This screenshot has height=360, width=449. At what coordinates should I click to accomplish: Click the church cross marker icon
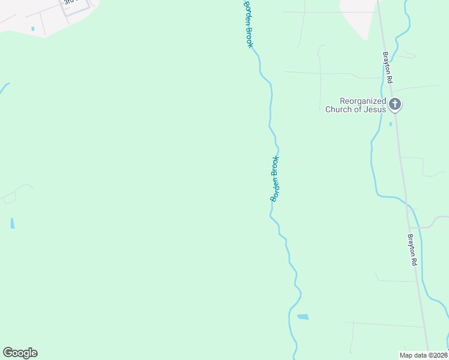pyautogui.click(x=395, y=104)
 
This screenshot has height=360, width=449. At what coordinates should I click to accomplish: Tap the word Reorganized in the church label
pyautogui.click(x=361, y=101)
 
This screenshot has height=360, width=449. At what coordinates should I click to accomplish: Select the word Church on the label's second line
pyautogui.click(x=338, y=109)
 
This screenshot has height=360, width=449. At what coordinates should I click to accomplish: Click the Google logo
pyautogui.click(x=20, y=353)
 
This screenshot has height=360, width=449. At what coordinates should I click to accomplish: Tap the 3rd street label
pyautogui.click(x=70, y=2)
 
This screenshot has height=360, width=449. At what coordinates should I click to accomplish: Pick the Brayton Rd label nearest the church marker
pyautogui.click(x=388, y=67)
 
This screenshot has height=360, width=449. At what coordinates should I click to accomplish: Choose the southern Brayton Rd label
pyautogui.click(x=412, y=249)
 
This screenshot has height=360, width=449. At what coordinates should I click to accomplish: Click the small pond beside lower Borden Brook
pyautogui.click(x=303, y=316)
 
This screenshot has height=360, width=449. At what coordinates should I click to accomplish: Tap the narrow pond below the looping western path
pyautogui.click(x=12, y=223)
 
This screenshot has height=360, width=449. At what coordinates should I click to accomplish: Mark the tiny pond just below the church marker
pyautogui.click(x=391, y=124)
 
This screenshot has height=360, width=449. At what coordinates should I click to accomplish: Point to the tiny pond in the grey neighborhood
pyautogui.click(x=32, y=28)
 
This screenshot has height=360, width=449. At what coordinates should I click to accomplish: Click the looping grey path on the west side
pyautogui.click(x=15, y=192)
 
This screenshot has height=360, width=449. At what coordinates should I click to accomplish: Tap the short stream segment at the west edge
pyautogui.click(x=4, y=88)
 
